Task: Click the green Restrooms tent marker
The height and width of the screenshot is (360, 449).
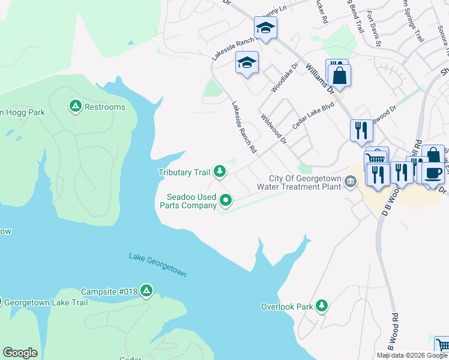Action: coord(75,107)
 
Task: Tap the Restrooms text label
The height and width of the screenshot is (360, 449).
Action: coord(105,107)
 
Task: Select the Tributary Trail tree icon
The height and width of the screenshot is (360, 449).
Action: coord(220,172)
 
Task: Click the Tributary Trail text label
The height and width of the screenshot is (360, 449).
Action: coord(184,173)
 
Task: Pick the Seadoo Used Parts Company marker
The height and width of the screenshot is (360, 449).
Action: coord(226,200)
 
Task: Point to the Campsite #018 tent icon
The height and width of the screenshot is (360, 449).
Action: coord(146,291)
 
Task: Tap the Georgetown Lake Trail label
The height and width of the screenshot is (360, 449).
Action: coord(49,302)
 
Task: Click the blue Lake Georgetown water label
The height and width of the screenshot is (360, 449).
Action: coord(157,265)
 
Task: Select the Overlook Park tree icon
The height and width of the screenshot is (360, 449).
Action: coord(322,306)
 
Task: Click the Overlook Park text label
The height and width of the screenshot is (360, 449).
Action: coord(287,307)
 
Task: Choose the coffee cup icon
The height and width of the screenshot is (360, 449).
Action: coord(432,172)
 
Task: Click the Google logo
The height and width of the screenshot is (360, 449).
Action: coord(20,353)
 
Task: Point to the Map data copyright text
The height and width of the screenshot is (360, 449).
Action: coord(411,355)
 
